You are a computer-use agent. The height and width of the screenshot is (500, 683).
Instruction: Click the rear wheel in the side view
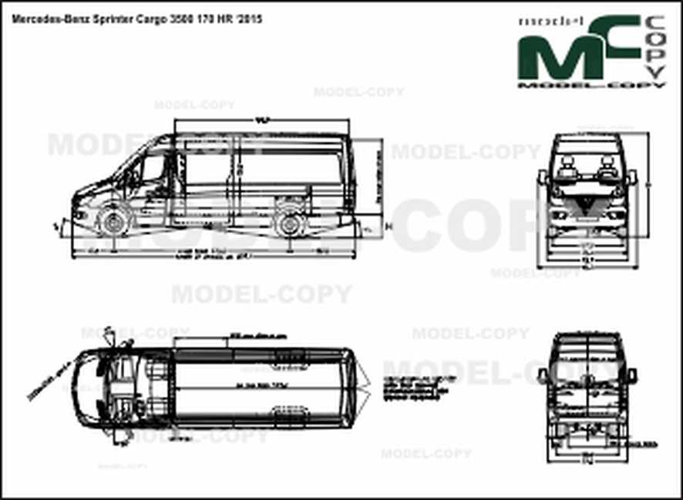click(x=290, y=223)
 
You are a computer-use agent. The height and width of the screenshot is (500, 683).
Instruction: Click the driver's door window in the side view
click(x=153, y=168)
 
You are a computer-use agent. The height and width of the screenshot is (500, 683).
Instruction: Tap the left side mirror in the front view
click(x=543, y=179)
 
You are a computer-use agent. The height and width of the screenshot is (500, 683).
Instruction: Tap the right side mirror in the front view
click(x=632, y=179)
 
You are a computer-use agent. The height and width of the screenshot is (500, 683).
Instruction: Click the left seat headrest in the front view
click(x=569, y=163)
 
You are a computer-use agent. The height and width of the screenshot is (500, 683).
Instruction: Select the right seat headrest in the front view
click(x=607, y=163)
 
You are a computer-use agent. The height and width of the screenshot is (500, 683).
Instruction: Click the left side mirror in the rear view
click(x=543, y=376)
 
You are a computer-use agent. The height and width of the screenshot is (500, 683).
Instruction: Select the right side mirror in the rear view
click(x=632, y=376)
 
